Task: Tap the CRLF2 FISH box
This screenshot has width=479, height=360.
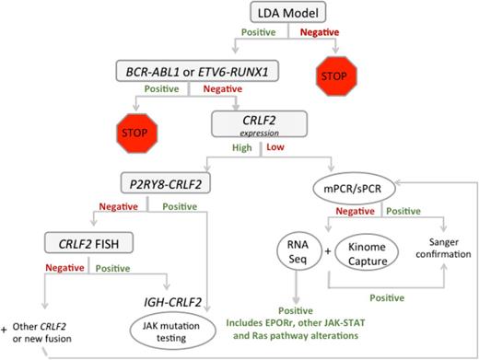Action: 86,243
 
